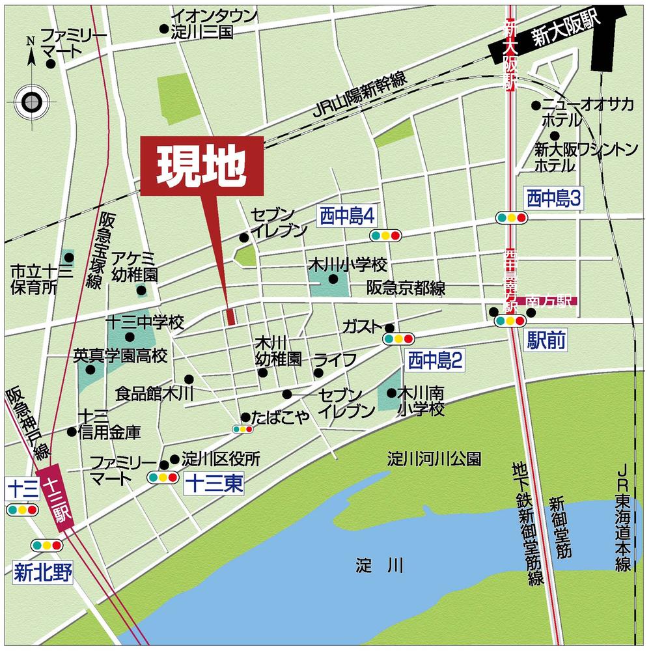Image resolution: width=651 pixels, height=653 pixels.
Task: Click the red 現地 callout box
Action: [x=202, y=165]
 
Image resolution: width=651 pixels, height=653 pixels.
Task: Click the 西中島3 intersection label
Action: [x=553, y=197]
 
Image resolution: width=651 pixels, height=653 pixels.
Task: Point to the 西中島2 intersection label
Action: [x=436, y=360]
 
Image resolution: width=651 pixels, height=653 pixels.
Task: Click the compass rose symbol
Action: [x=31, y=101]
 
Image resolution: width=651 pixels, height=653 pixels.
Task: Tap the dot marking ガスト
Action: [x=389, y=327]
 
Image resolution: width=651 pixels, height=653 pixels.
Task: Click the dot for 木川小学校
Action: [x=333, y=280]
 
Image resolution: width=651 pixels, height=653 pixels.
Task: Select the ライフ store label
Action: [x=335, y=359]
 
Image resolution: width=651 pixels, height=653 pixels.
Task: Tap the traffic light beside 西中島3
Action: [x=511, y=217]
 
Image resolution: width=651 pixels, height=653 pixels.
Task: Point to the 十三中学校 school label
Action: [x=145, y=322]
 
